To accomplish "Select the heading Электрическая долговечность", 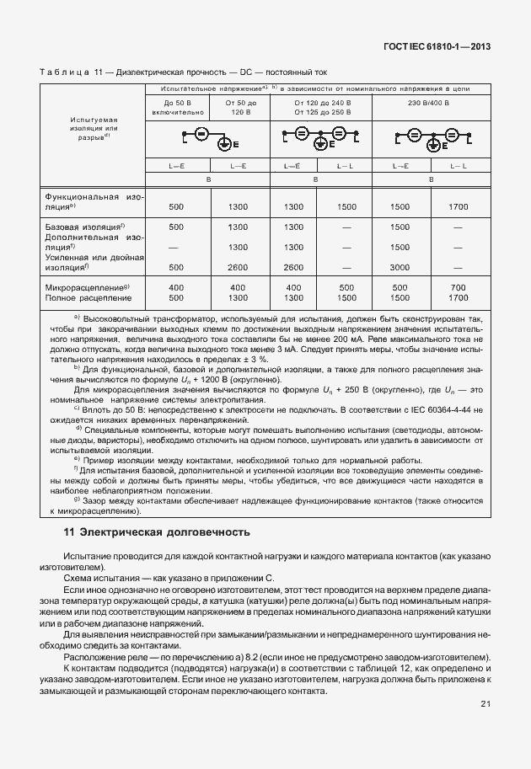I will tap(165, 532).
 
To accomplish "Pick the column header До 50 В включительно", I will tap(176, 107).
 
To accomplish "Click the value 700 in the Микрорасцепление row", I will tap(458, 287).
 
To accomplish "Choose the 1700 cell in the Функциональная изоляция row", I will tap(458, 206).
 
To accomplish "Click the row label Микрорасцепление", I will tap(87, 287).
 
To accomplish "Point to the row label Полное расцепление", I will tap(88, 298).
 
